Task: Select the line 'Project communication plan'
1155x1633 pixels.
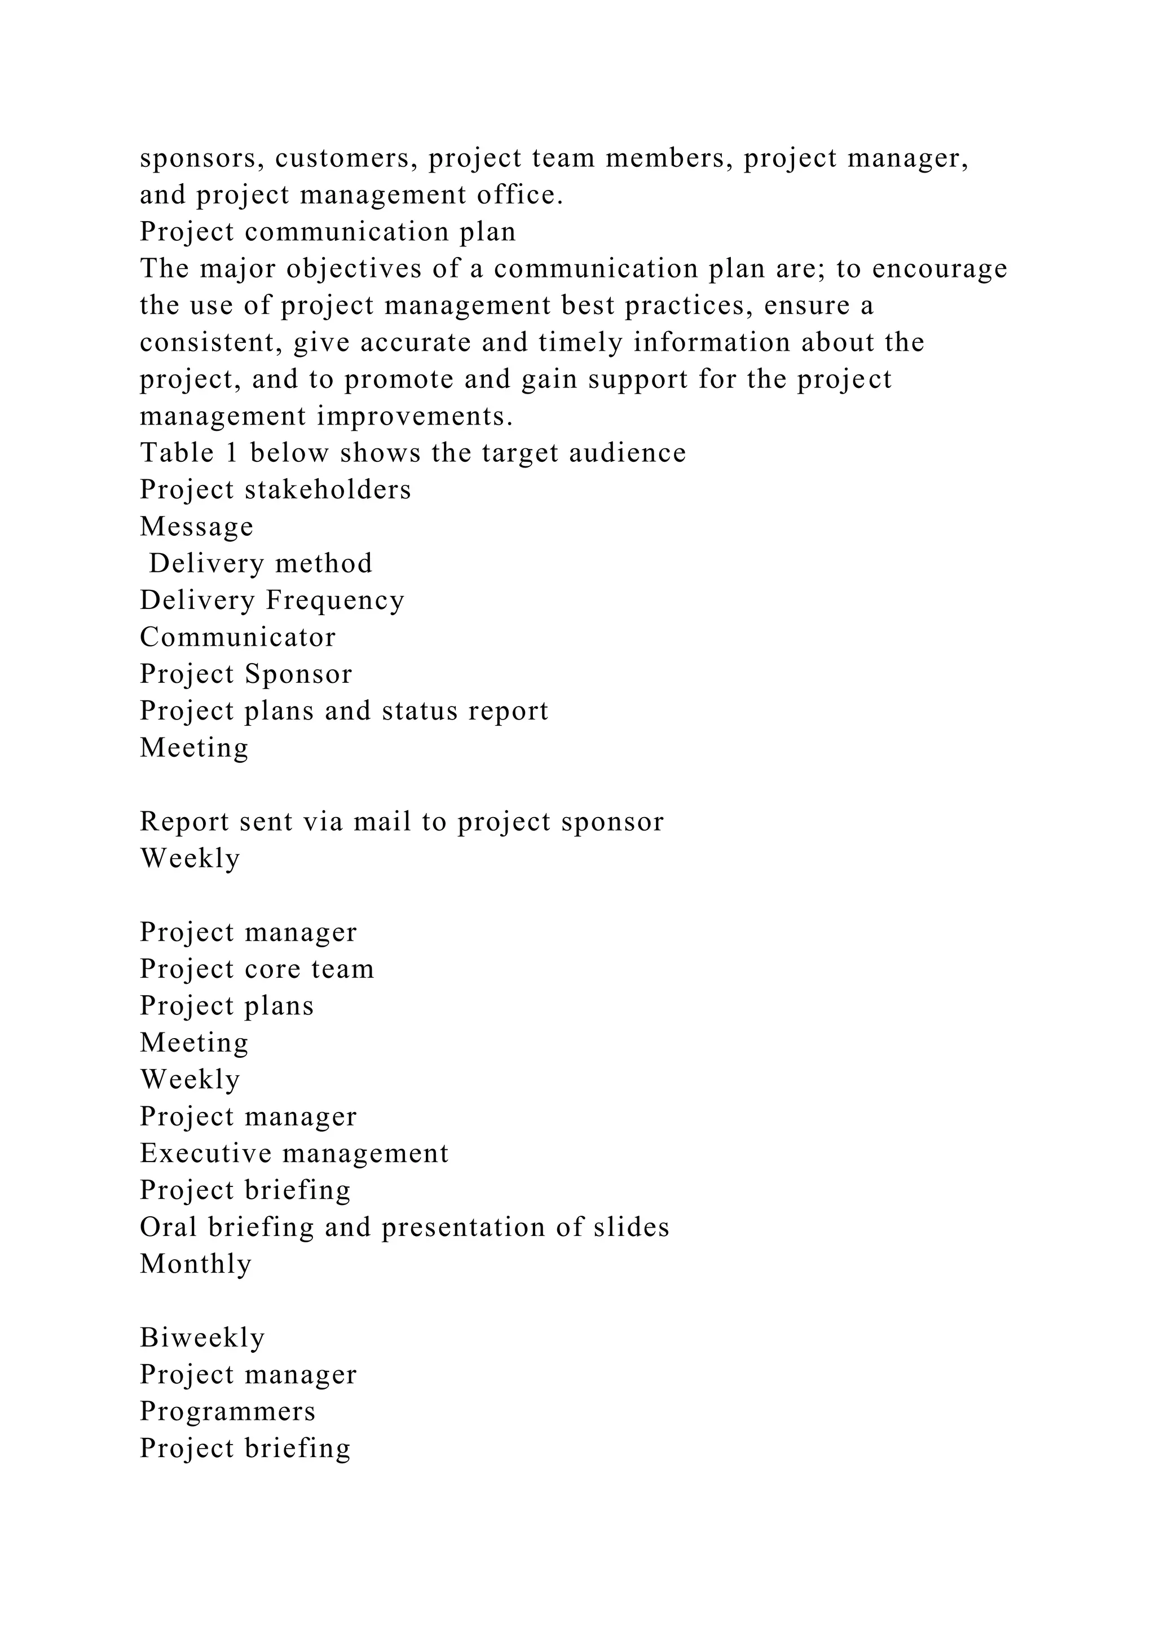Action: pyautogui.click(x=328, y=232)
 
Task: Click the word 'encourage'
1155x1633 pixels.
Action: pyautogui.click(x=940, y=269)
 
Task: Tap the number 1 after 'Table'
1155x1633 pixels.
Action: pyautogui.click(x=231, y=453)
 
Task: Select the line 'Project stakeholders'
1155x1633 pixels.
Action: pyautogui.click(x=275, y=490)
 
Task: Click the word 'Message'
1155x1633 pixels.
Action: pyautogui.click(x=196, y=527)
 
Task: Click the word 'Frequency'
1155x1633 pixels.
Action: pyautogui.click(x=335, y=601)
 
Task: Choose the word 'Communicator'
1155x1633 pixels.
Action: pyautogui.click(x=237, y=637)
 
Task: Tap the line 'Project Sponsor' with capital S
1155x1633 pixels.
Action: pyautogui.click(x=246, y=674)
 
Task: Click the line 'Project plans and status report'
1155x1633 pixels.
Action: pyautogui.click(x=344, y=711)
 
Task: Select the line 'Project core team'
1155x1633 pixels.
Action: pyautogui.click(x=257, y=969)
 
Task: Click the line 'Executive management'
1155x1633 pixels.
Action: pyautogui.click(x=294, y=1154)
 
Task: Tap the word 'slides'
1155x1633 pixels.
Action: pyautogui.click(x=632, y=1228)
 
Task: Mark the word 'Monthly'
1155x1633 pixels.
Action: pyautogui.click(x=196, y=1265)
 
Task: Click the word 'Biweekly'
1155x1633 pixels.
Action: pyautogui.click(x=202, y=1338)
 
